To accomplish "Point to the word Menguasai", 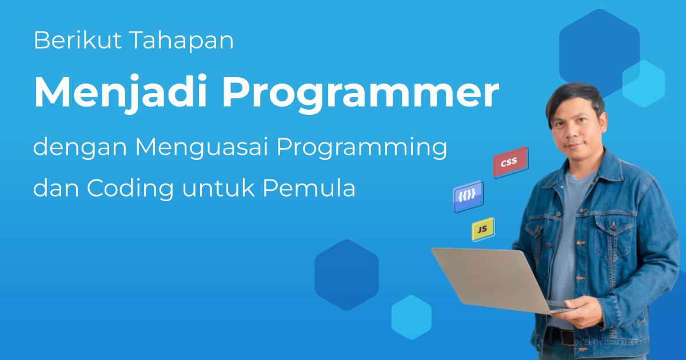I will coord(202,150).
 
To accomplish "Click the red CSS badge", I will coord(510,163).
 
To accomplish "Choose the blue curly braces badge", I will coord(468,196).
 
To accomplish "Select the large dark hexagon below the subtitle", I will coord(346,274).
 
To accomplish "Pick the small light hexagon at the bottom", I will coord(411,318).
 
